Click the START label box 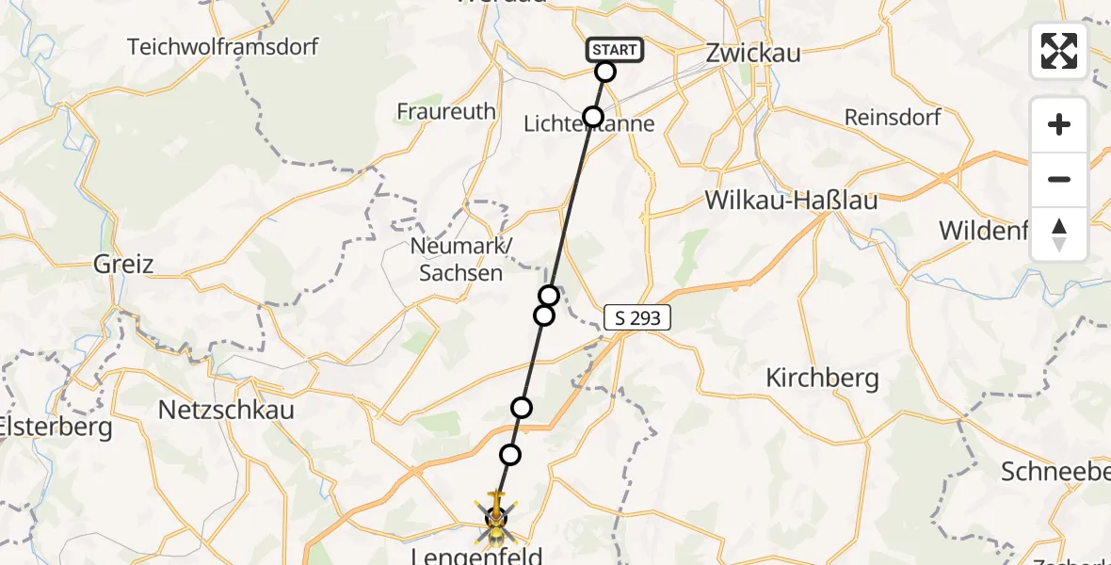pyautogui.click(x=615, y=49)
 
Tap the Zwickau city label pyautogui.click(x=753, y=53)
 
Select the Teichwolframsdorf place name pyautogui.click(x=223, y=46)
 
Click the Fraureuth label pyautogui.click(x=446, y=111)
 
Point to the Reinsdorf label pyautogui.click(x=894, y=118)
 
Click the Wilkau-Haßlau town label pyautogui.click(x=791, y=201)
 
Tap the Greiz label pyautogui.click(x=123, y=264)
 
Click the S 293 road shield pyautogui.click(x=638, y=318)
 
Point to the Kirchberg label pyautogui.click(x=822, y=379)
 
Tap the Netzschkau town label pyautogui.click(x=226, y=410)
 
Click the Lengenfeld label pyautogui.click(x=477, y=557)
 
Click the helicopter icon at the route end pyautogui.click(x=495, y=516)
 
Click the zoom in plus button pyautogui.click(x=1059, y=124)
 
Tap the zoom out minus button pyautogui.click(x=1059, y=179)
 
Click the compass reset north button pyautogui.click(x=1059, y=234)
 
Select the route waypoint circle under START pyautogui.click(x=605, y=72)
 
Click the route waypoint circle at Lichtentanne pyautogui.click(x=593, y=117)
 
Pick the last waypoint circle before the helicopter pyautogui.click(x=510, y=455)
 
